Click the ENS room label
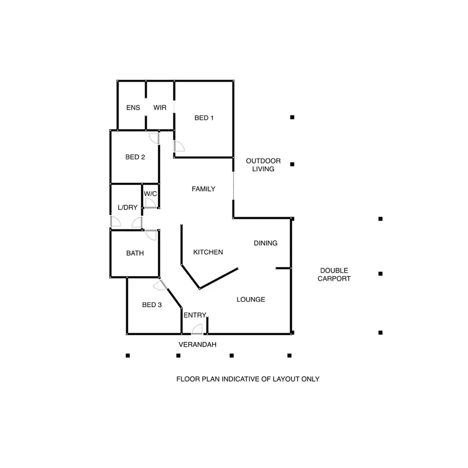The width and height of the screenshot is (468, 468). pyautogui.click(x=133, y=107)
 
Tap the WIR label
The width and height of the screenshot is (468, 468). pyautogui.click(x=159, y=107)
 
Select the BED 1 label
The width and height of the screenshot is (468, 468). pyautogui.click(x=204, y=117)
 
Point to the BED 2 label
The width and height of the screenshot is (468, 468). pyautogui.click(x=135, y=157)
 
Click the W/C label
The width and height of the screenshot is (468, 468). pyautogui.click(x=150, y=194)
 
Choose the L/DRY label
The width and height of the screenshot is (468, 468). pyautogui.click(x=127, y=208)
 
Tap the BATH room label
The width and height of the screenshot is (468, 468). pyautogui.click(x=135, y=253)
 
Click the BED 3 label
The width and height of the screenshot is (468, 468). pyautogui.click(x=152, y=305)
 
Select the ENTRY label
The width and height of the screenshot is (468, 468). pyautogui.click(x=195, y=315)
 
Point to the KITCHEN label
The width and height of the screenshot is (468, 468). pyautogui.click(x=208, y=252)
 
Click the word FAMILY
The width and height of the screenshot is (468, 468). pyautogui.click(x=203, y=189)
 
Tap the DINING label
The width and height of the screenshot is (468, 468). pyautogui.click(x=265, y=243)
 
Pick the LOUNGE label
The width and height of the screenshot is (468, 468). pyautogui.click(x=250, y=299)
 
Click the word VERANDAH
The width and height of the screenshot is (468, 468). pyautogui.click(x=197, y=344)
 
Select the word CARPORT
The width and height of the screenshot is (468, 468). pyautogui.click(x=334, y=279)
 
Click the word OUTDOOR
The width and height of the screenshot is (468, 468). pyautogui.click(x=263, y=161)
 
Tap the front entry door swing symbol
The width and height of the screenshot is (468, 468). pyautogui.click(x=197, y=329)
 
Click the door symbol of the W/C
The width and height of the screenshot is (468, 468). pyautogui.click(x=150, y=203)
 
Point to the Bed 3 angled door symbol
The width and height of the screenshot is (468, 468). pyautogui.click(x=159, y=285)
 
